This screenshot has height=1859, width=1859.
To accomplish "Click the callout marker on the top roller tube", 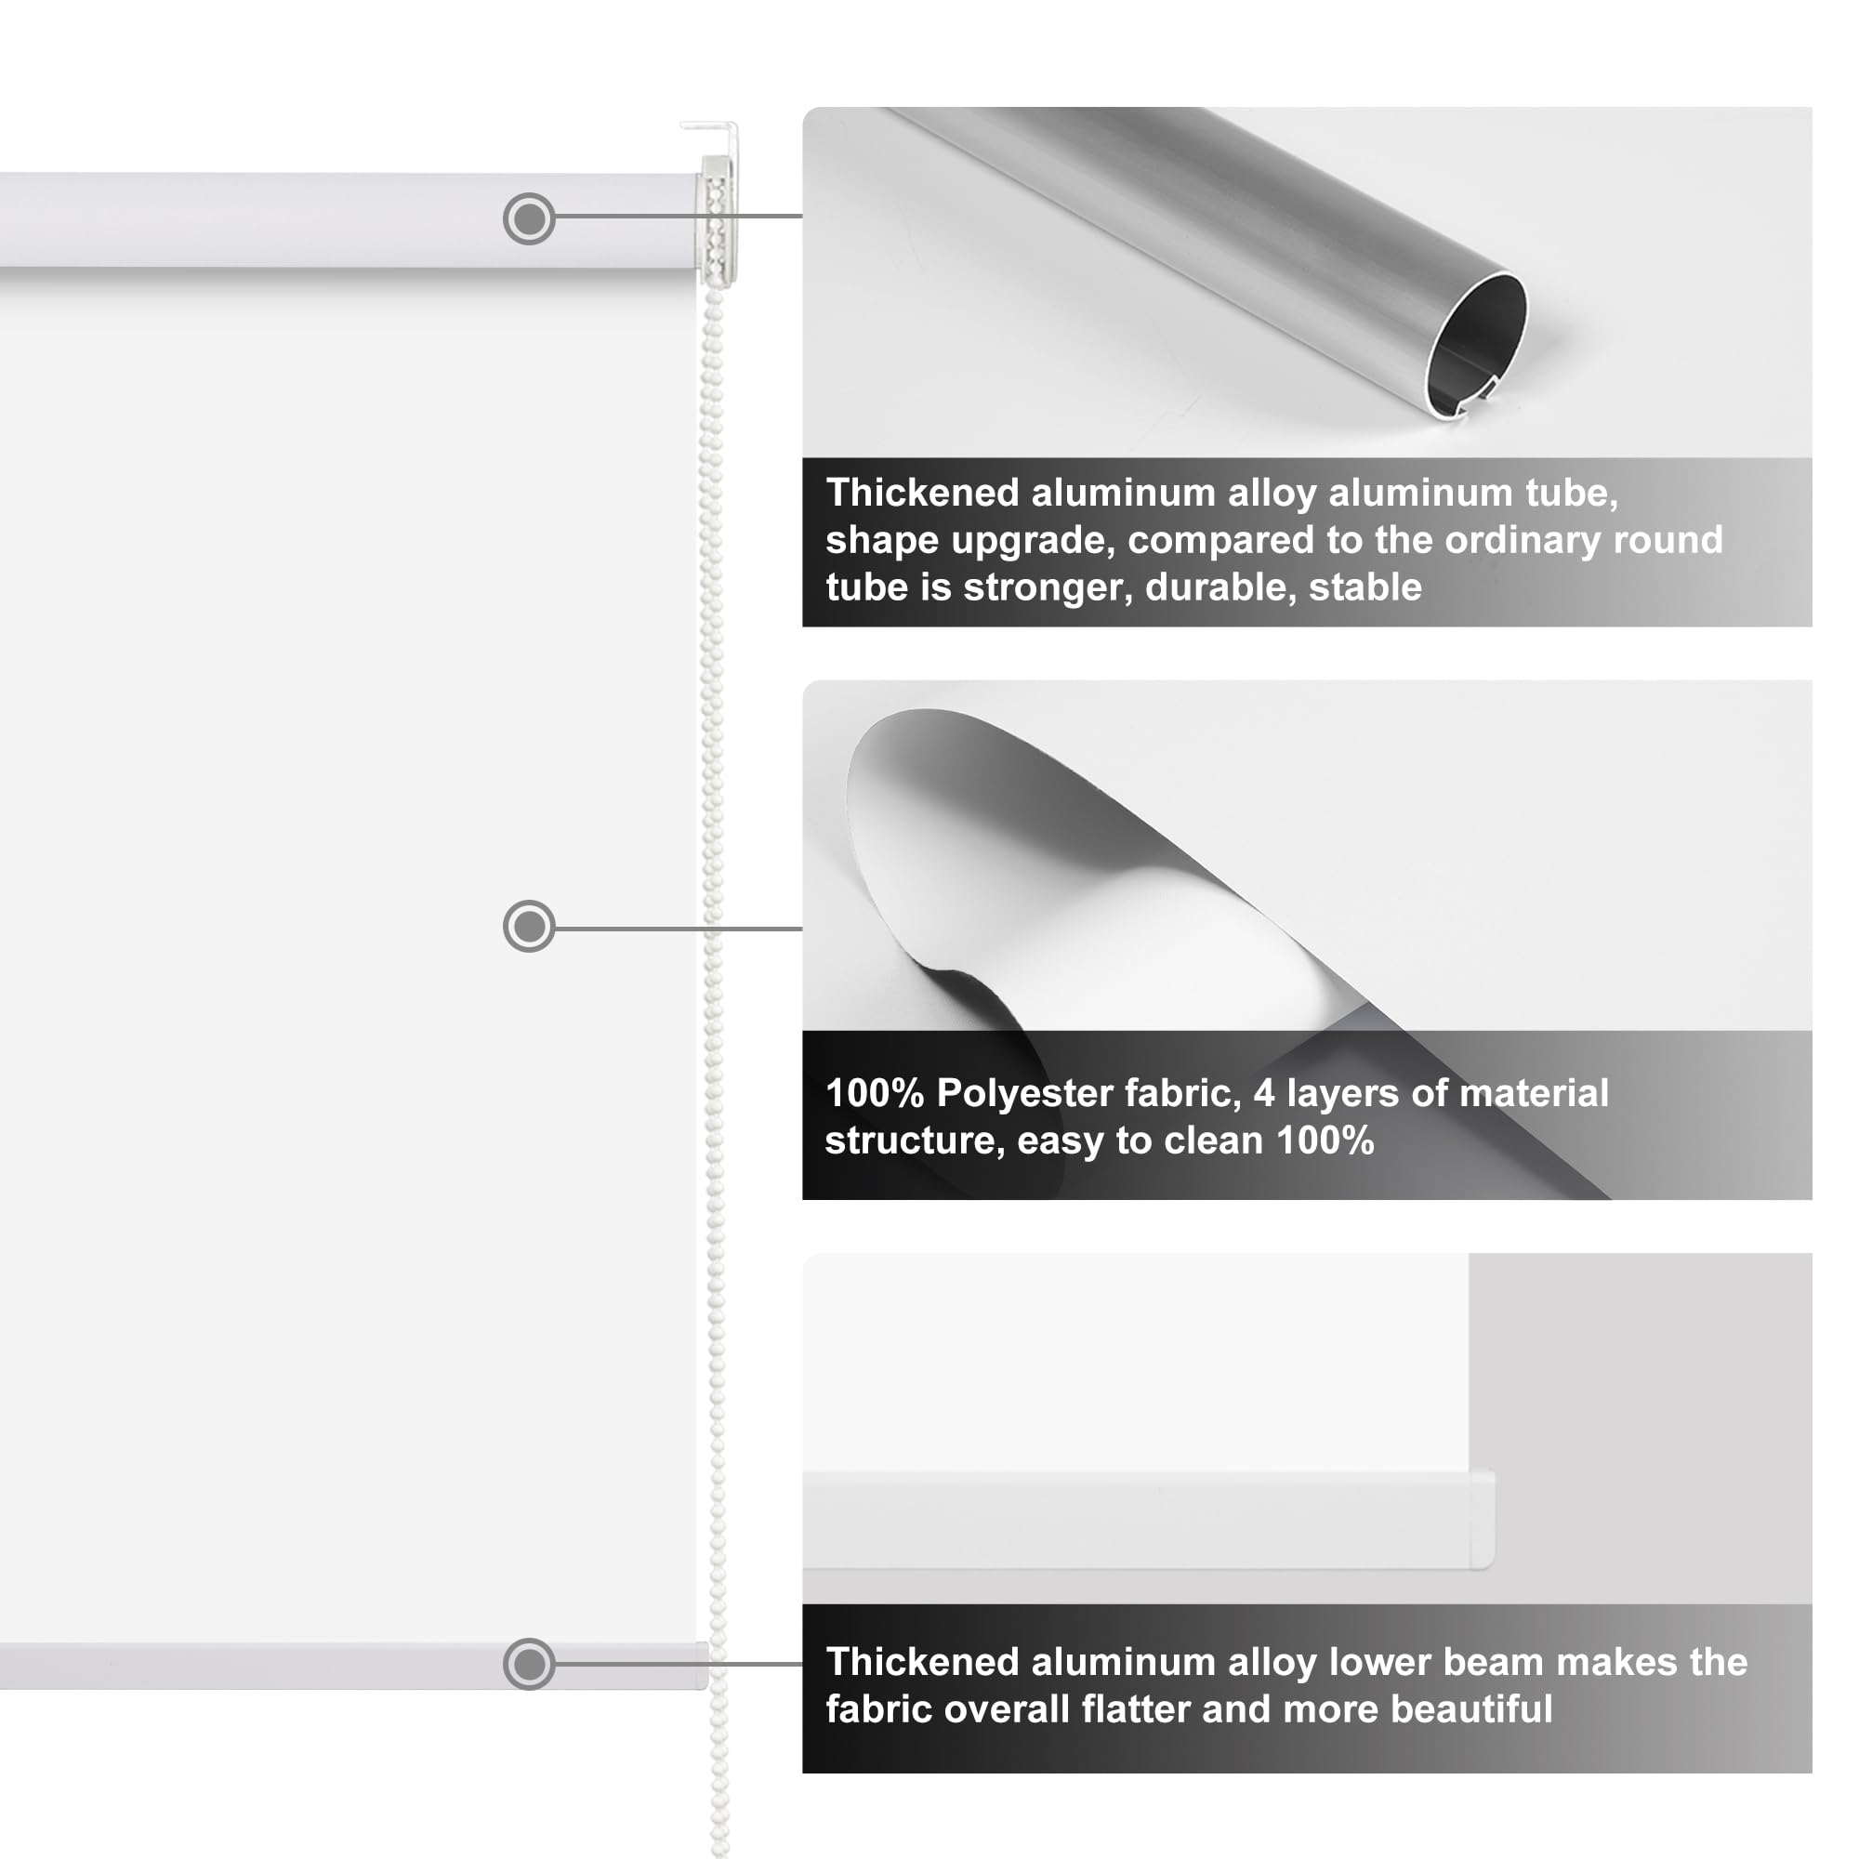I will coord(528,218).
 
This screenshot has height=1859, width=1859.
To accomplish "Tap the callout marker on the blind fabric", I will coord(528,927).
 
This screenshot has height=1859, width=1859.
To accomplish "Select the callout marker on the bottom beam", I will coord(528,1663).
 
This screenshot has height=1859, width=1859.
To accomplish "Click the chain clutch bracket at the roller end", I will coord(717,221).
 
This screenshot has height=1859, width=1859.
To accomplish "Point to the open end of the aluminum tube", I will coord(1475,347).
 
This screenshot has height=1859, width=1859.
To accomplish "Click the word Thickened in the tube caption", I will coord(922,493).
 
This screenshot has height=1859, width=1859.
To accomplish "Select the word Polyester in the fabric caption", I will coord(1023,1093).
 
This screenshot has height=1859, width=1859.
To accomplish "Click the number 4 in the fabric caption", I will coord(1263,1093).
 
